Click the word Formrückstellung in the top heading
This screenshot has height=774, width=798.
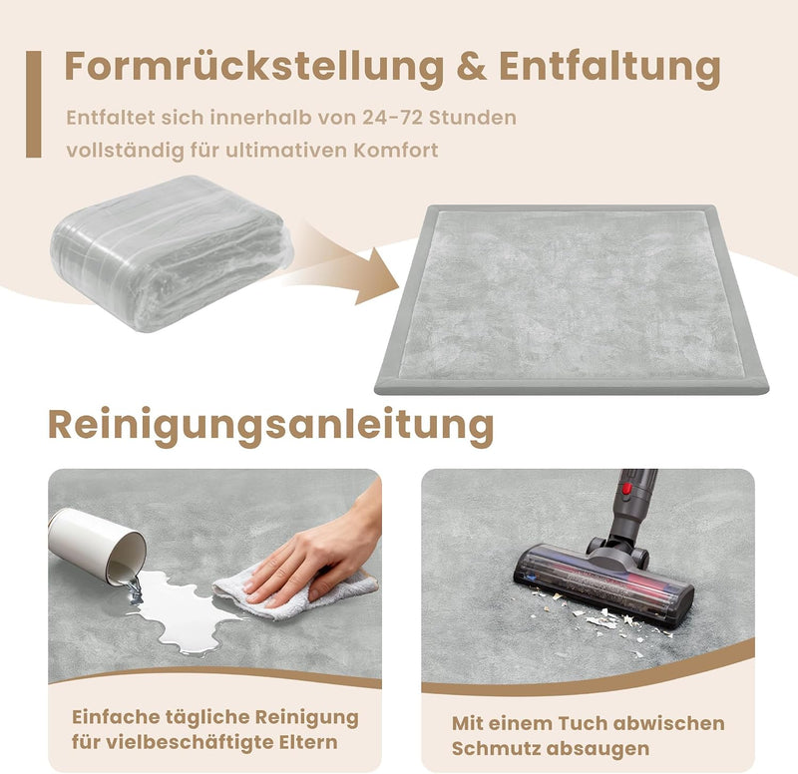coord(254,67)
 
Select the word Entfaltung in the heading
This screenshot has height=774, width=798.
coord(609,68)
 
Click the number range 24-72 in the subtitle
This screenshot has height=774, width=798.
coord(392,118)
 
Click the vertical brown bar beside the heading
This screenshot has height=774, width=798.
coord(34,104)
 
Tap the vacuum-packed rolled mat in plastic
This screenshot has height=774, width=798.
coord(172,253)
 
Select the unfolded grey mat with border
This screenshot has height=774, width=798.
coord(571,299)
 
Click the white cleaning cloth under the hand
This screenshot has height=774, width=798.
coord(295,592)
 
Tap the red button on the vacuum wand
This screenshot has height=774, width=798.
coord(626,489)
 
